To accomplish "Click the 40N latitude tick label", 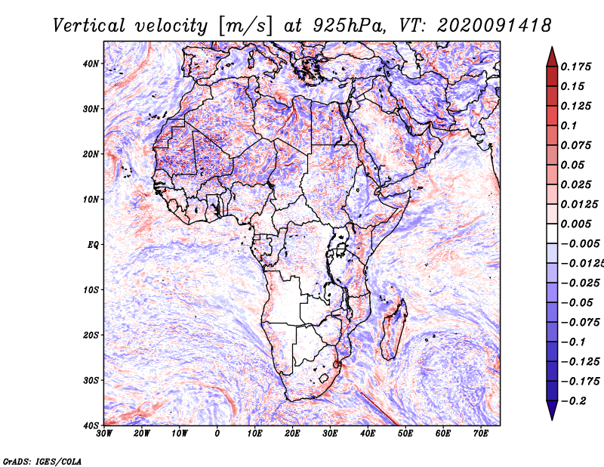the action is tap(91, 63).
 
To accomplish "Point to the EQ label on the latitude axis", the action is tap(93, 245).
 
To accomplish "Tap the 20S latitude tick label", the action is tap(91, 335).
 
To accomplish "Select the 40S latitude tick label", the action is tap(91, 425).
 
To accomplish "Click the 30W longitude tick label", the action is tap(104, 434).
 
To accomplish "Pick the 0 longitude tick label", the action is tap(217, 434).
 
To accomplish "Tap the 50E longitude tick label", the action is tap(405, 434).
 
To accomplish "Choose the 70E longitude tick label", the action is tap(481, 434).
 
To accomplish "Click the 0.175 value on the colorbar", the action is tap(576, 67).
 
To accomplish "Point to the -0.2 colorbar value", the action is tap(573, 401).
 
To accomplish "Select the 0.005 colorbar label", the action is tap(576, 224).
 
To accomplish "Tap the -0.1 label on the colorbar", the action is tap(573, 342).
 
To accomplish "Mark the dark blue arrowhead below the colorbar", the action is tap(552, 410).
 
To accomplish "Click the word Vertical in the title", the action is tap(89, 26).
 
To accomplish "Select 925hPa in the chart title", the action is tap(350, 26).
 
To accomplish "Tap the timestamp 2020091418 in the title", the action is tap(495, 26).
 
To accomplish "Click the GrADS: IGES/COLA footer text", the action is tap(42, 462).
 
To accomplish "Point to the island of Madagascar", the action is tap(394, 329).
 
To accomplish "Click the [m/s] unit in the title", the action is tap(245, 26).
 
